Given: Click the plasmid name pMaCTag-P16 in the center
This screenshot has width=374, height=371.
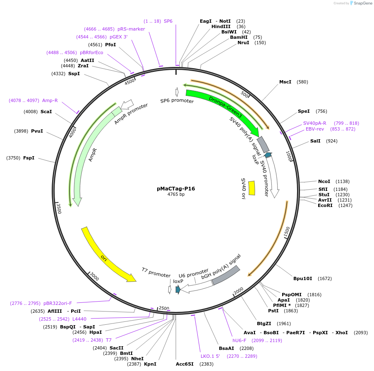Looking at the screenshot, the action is point(176,188).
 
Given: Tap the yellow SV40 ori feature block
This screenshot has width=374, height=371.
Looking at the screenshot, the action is point(252,188).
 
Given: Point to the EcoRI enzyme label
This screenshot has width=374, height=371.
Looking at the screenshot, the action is point(325,205).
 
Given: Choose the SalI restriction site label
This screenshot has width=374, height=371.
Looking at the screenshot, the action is point(315,141).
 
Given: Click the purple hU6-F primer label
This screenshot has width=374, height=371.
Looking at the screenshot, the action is point(240,340).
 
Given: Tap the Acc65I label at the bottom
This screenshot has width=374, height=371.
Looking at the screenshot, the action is point(184,364).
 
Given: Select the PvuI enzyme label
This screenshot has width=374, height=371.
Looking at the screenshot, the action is point(37,131).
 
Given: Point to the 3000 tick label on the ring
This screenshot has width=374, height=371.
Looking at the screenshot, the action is point(95,277).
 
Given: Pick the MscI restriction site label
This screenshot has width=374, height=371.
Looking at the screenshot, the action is point(285,82).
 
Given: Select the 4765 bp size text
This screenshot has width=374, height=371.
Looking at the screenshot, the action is point(176,194).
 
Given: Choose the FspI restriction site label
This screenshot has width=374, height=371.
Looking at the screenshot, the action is point(29,158).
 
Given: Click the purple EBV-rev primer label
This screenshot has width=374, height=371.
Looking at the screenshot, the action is point(315,129).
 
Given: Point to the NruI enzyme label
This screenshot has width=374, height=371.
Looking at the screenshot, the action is point(243,43).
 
